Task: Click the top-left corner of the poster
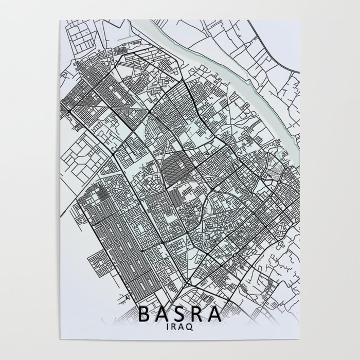pyautogui.click(x=60, y=20)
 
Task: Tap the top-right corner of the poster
pyautogui.click(x=300, y=20)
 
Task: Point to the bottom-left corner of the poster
pyautogui.click(x=60, y=340)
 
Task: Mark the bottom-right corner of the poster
pyautogui.click(x=300, y=340)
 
